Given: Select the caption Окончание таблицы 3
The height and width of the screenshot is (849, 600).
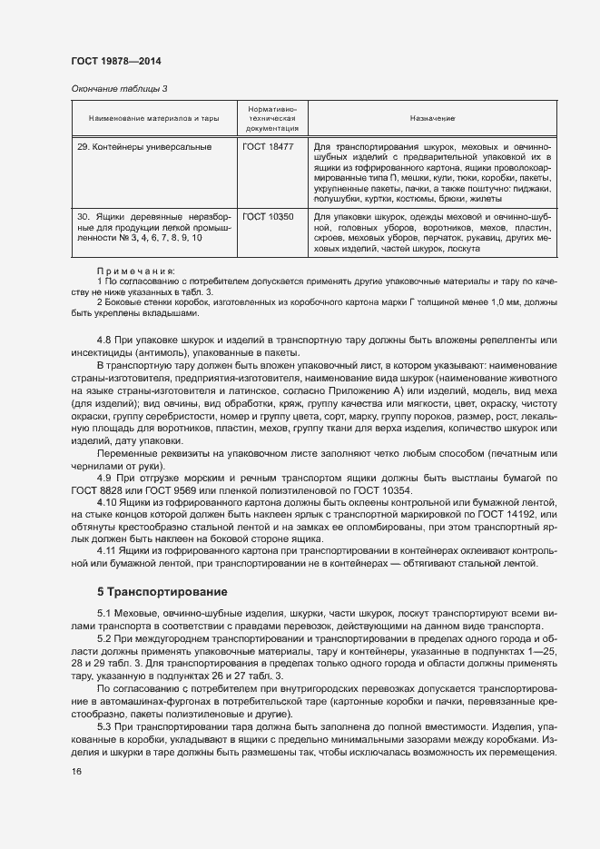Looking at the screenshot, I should (120, 88).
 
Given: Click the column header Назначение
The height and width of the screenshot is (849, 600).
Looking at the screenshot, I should (431, 119).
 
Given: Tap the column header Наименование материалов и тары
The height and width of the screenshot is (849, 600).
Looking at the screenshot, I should (154, 119).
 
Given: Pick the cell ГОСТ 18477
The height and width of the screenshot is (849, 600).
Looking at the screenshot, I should (268, 146).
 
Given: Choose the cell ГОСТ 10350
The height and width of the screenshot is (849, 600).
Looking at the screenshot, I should (268, 218).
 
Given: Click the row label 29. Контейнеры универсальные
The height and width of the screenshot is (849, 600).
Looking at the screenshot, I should (144, 146).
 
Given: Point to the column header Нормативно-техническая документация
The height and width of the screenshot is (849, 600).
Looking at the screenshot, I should (272, 119).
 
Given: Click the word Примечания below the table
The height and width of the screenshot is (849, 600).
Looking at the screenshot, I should (135, 271).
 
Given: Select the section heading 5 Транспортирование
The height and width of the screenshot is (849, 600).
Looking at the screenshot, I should (162, 591).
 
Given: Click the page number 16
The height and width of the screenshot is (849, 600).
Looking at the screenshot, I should (76, 772).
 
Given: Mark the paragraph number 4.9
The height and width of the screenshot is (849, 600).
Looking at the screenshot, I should (104, 477).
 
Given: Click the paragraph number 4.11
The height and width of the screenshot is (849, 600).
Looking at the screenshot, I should (107, 550).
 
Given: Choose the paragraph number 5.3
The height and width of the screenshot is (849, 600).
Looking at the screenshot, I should (104, 727).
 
